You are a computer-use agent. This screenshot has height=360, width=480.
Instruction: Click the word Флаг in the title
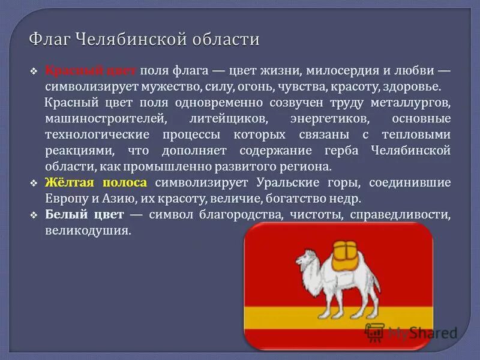pos(49,40)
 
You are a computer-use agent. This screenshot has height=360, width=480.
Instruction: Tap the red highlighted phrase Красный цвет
pos(91,71)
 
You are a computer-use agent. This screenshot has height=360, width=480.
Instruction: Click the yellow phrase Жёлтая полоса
pos(98,182)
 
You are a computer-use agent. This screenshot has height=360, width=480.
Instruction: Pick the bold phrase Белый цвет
pos(85,214)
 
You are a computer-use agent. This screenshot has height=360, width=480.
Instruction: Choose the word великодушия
pos(88,230)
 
